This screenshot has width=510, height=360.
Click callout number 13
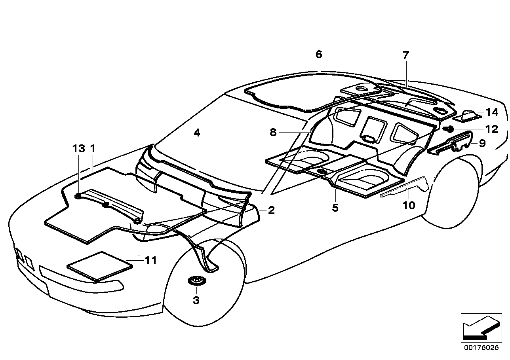point(78,149)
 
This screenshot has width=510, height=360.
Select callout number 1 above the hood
point(93,149)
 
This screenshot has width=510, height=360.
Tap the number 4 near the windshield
point(197,133)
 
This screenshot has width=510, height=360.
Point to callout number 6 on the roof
point(319,54)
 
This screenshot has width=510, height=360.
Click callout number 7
point(406,55)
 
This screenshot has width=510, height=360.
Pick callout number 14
point(492,112)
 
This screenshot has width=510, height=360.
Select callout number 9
point(482,143)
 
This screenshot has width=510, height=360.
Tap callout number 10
point(409,205)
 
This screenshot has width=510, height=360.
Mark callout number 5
point(335,208)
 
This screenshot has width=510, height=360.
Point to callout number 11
point(150,261)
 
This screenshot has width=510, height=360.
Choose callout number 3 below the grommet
point(196,301)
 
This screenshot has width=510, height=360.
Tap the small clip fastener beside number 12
point(449,129)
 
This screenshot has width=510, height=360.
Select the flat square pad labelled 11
point(100,266)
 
